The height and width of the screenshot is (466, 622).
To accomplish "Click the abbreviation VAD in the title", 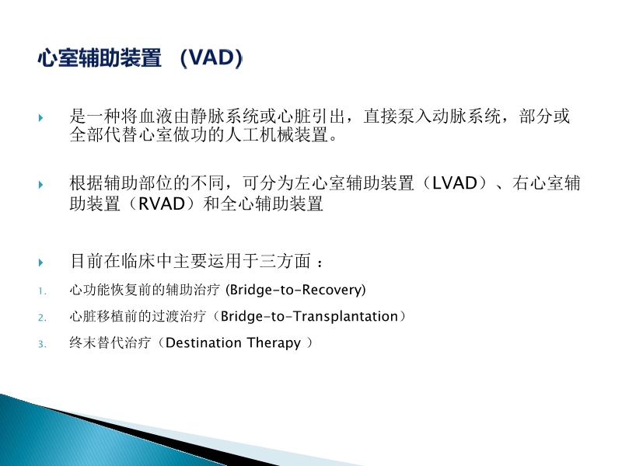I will [x=210, y=59].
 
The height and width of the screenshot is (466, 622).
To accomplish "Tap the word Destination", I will [x=204, y=343].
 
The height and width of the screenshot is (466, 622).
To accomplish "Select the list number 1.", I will [x=42, y=292].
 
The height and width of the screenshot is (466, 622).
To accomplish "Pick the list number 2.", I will [x=42, y=318].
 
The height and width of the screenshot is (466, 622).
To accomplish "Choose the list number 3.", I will [x=42, y=343].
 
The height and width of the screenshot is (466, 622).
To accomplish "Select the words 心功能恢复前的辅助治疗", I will [x=145, y=290].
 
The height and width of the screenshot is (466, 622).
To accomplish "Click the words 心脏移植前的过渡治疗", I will [x=139, y=317].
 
